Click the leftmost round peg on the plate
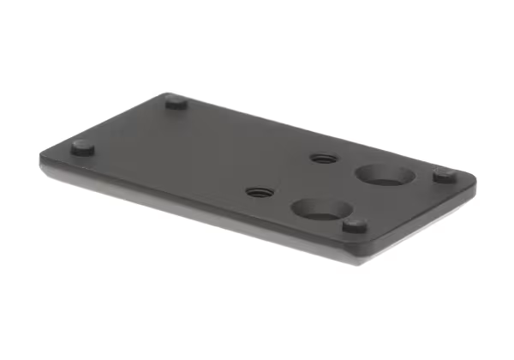[x=83, y=147]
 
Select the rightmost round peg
[x=443, y=175]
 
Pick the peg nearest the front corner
[x=355, y=225]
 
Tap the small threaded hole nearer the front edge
[x=254, y=193]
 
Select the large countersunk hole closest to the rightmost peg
[x=385, y=175]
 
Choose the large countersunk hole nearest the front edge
[x=318, y=208]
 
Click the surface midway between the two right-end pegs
[x=399, y=201]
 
